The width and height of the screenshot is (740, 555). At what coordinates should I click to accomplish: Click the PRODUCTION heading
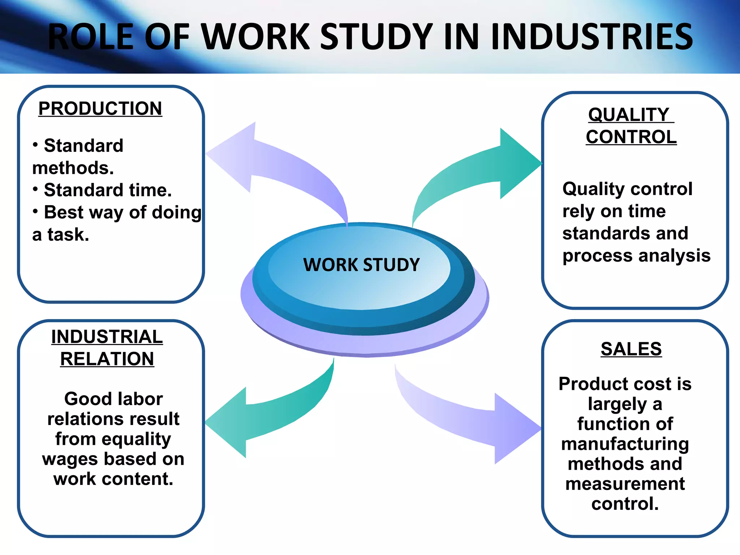pos(100,109)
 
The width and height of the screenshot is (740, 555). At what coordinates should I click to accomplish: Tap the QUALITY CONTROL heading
pos(631,126)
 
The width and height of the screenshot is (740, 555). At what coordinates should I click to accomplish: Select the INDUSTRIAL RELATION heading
pos(107,348)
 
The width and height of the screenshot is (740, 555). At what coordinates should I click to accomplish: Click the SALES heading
pos(631,349)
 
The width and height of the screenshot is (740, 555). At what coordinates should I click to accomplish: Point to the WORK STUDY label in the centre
pos(361,265)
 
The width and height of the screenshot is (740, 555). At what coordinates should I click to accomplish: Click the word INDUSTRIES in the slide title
pos(592,36)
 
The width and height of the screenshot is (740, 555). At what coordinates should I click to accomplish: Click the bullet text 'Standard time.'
pos(108,190)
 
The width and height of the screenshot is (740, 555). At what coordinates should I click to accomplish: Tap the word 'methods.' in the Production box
pos(73,168)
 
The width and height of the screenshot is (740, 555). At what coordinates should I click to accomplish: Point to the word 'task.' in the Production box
pos(68,235)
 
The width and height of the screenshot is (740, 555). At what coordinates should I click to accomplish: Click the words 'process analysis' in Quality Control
pos(636,256)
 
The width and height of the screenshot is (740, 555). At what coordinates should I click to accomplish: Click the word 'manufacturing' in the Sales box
pos(625,444)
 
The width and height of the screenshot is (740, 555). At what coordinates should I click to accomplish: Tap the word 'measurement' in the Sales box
pos(625,484)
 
